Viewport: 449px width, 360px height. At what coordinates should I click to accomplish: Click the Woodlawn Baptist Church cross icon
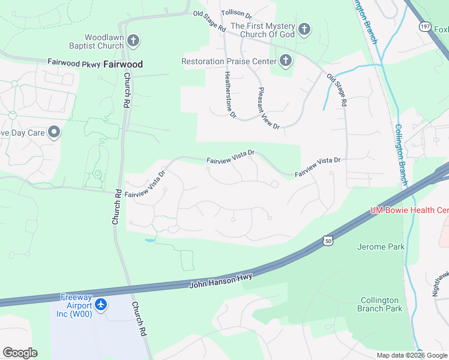[133, 41]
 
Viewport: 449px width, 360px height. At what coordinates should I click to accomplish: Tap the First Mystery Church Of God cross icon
[304, 29]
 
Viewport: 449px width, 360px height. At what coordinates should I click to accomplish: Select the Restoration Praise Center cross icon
[285, 60]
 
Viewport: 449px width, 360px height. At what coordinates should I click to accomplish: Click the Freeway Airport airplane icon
[101, 305]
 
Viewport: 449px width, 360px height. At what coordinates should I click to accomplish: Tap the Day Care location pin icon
[54, 132]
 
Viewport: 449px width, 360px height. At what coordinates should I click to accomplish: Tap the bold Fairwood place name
[122, 63]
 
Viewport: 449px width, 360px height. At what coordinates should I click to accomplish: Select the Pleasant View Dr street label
[268, 107]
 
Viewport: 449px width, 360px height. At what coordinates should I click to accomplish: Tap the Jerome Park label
[381, 247]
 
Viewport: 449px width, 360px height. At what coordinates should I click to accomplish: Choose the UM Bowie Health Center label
[409, 210]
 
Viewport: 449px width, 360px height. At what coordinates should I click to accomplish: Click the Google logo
[20, 353]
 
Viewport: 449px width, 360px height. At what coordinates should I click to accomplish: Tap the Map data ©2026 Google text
[411, 355]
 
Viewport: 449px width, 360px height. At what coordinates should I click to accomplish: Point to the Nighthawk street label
[440, 283]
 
